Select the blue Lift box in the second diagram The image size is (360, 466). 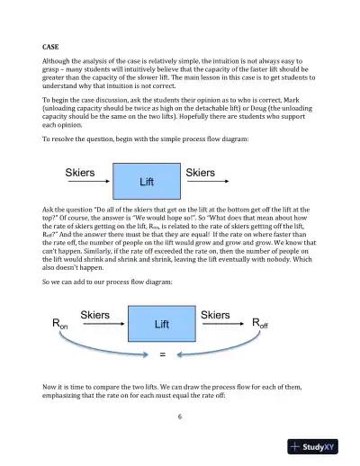162,322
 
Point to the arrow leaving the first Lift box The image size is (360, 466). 206,183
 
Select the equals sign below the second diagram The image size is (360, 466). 163,354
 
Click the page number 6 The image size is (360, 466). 180,417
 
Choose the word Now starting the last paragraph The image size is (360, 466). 50,385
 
